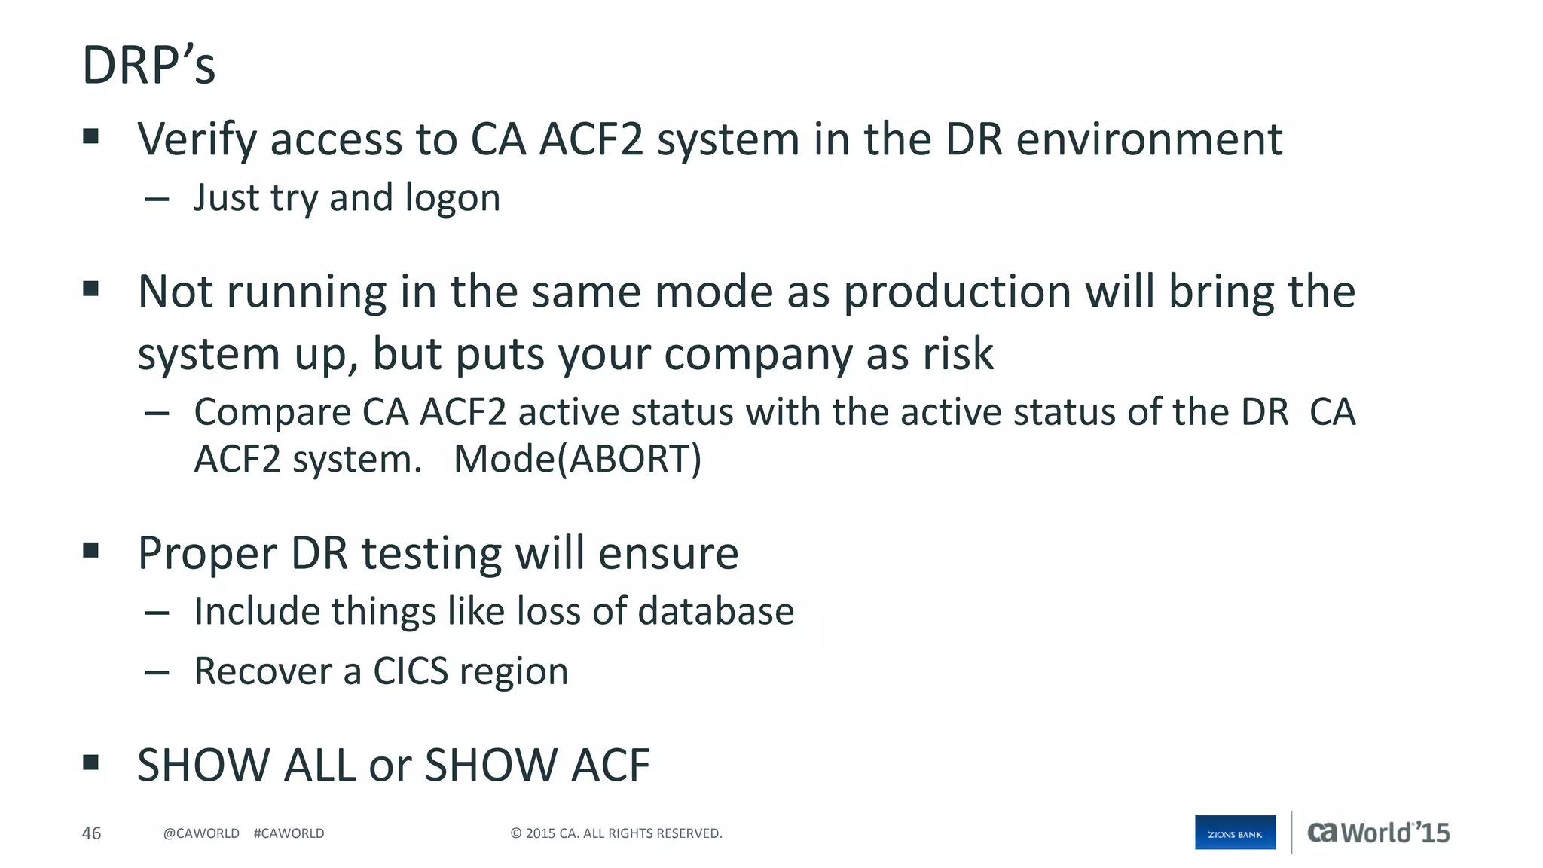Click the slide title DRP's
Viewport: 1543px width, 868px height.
click(148, 66)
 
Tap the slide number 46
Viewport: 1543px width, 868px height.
click(91, 833)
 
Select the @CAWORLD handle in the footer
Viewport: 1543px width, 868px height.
click(201, 833)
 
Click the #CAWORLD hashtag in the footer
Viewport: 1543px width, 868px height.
click(289, 833)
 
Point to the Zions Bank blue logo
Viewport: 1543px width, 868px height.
click(1235, 833)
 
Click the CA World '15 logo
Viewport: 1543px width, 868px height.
click(1378, 833)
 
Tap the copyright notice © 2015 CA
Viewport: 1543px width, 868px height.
click(616, 833)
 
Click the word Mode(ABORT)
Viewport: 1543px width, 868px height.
click(577, 459)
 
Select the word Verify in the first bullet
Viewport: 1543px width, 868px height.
click(197, 140)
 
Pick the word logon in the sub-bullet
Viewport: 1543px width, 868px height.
click(452, 199)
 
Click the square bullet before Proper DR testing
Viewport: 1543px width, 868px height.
click(91, 550)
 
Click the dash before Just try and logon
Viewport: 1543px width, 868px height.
click(157, 199)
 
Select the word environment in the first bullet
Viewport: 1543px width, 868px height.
click(1149, 140)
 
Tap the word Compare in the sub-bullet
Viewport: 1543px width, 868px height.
click(272, 413)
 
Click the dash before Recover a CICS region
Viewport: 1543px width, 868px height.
click(157, 672)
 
